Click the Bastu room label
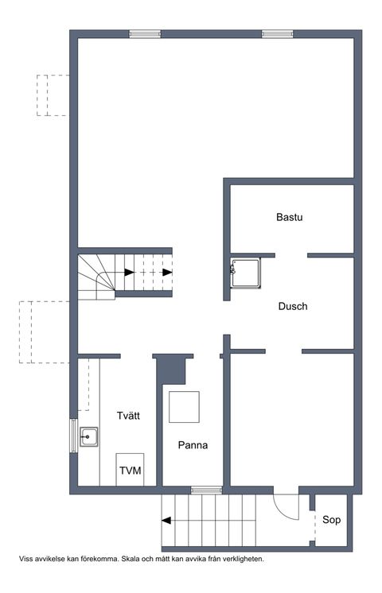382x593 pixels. point(290,216)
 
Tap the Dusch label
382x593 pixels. point(293,306)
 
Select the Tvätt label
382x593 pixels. point(129,415)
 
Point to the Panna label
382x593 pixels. point(193,445)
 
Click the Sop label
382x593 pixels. point(332,520)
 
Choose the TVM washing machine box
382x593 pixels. point(131,470)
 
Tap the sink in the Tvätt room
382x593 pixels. point(89,436)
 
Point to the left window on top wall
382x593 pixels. point(146,34)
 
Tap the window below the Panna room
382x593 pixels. point(206,490)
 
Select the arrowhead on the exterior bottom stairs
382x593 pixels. point(166,521)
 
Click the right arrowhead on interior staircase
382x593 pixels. point(167,272)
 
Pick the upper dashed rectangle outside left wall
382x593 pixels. point(53,95)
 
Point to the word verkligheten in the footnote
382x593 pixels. point(239,559)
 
